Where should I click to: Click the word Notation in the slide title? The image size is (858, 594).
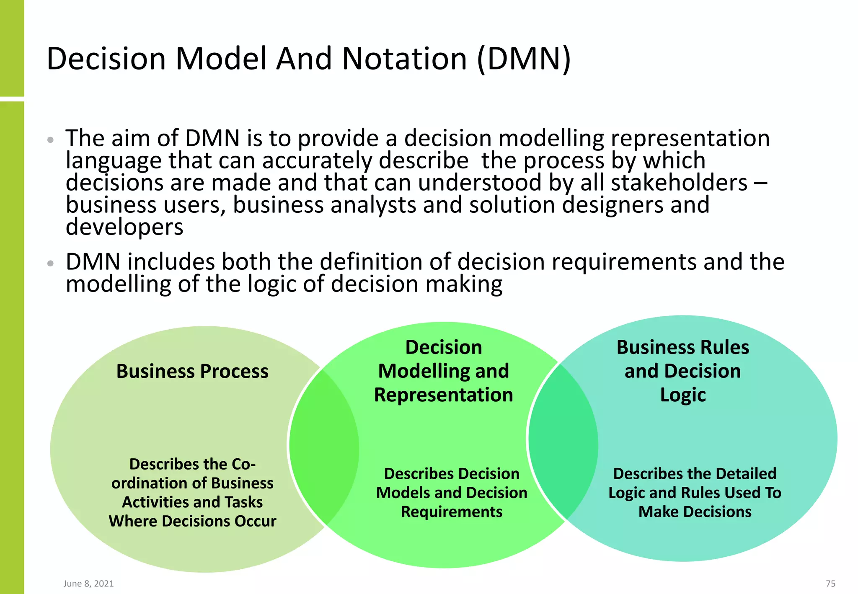coord(404,59)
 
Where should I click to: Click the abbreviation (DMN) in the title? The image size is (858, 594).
coord(524,59)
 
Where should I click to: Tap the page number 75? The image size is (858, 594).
coord(830,584)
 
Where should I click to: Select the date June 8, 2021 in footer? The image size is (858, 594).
coord(88,584)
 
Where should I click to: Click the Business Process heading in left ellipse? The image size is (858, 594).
coord(192,372)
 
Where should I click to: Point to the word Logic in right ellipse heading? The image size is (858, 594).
coord(683,395)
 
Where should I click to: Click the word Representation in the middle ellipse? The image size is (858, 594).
coord(443,395)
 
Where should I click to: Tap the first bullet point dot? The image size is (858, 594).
coord(51,140)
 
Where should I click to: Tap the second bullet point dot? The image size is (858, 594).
coord(51,263)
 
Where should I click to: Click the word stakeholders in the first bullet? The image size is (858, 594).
coord(679,183)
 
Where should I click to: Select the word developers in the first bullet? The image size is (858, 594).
coord(124,227)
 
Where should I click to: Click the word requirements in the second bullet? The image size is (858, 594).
coord(624,262)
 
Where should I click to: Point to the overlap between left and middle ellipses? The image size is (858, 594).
coord(323,446)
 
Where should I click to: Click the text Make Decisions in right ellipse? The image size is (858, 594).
coord(695,512)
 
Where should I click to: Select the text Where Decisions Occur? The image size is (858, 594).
coord(192,521)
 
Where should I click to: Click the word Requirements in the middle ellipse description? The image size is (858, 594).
coord(452,512)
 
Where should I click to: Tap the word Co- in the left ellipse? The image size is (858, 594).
coord(243,464)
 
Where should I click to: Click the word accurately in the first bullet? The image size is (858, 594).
coord(317,161)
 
